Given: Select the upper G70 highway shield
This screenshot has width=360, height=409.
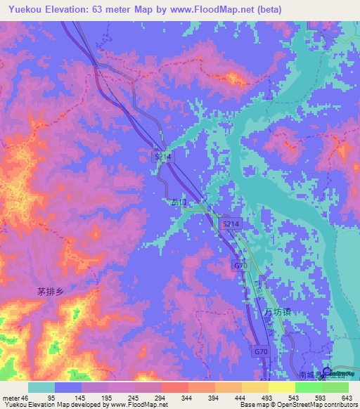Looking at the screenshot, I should pyautogui.click(x=241, y=266).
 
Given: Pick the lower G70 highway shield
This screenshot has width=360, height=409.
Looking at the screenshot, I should pyautogui.click(x=261, y=351).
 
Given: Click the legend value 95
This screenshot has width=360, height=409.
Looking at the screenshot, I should pyautogui.click(x=51, y=397).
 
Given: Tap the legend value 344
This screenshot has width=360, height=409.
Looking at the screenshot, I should pyautogui.click(x=187, y=397).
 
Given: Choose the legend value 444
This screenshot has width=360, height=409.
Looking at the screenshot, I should pyautogui.click(x=240, y=397).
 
